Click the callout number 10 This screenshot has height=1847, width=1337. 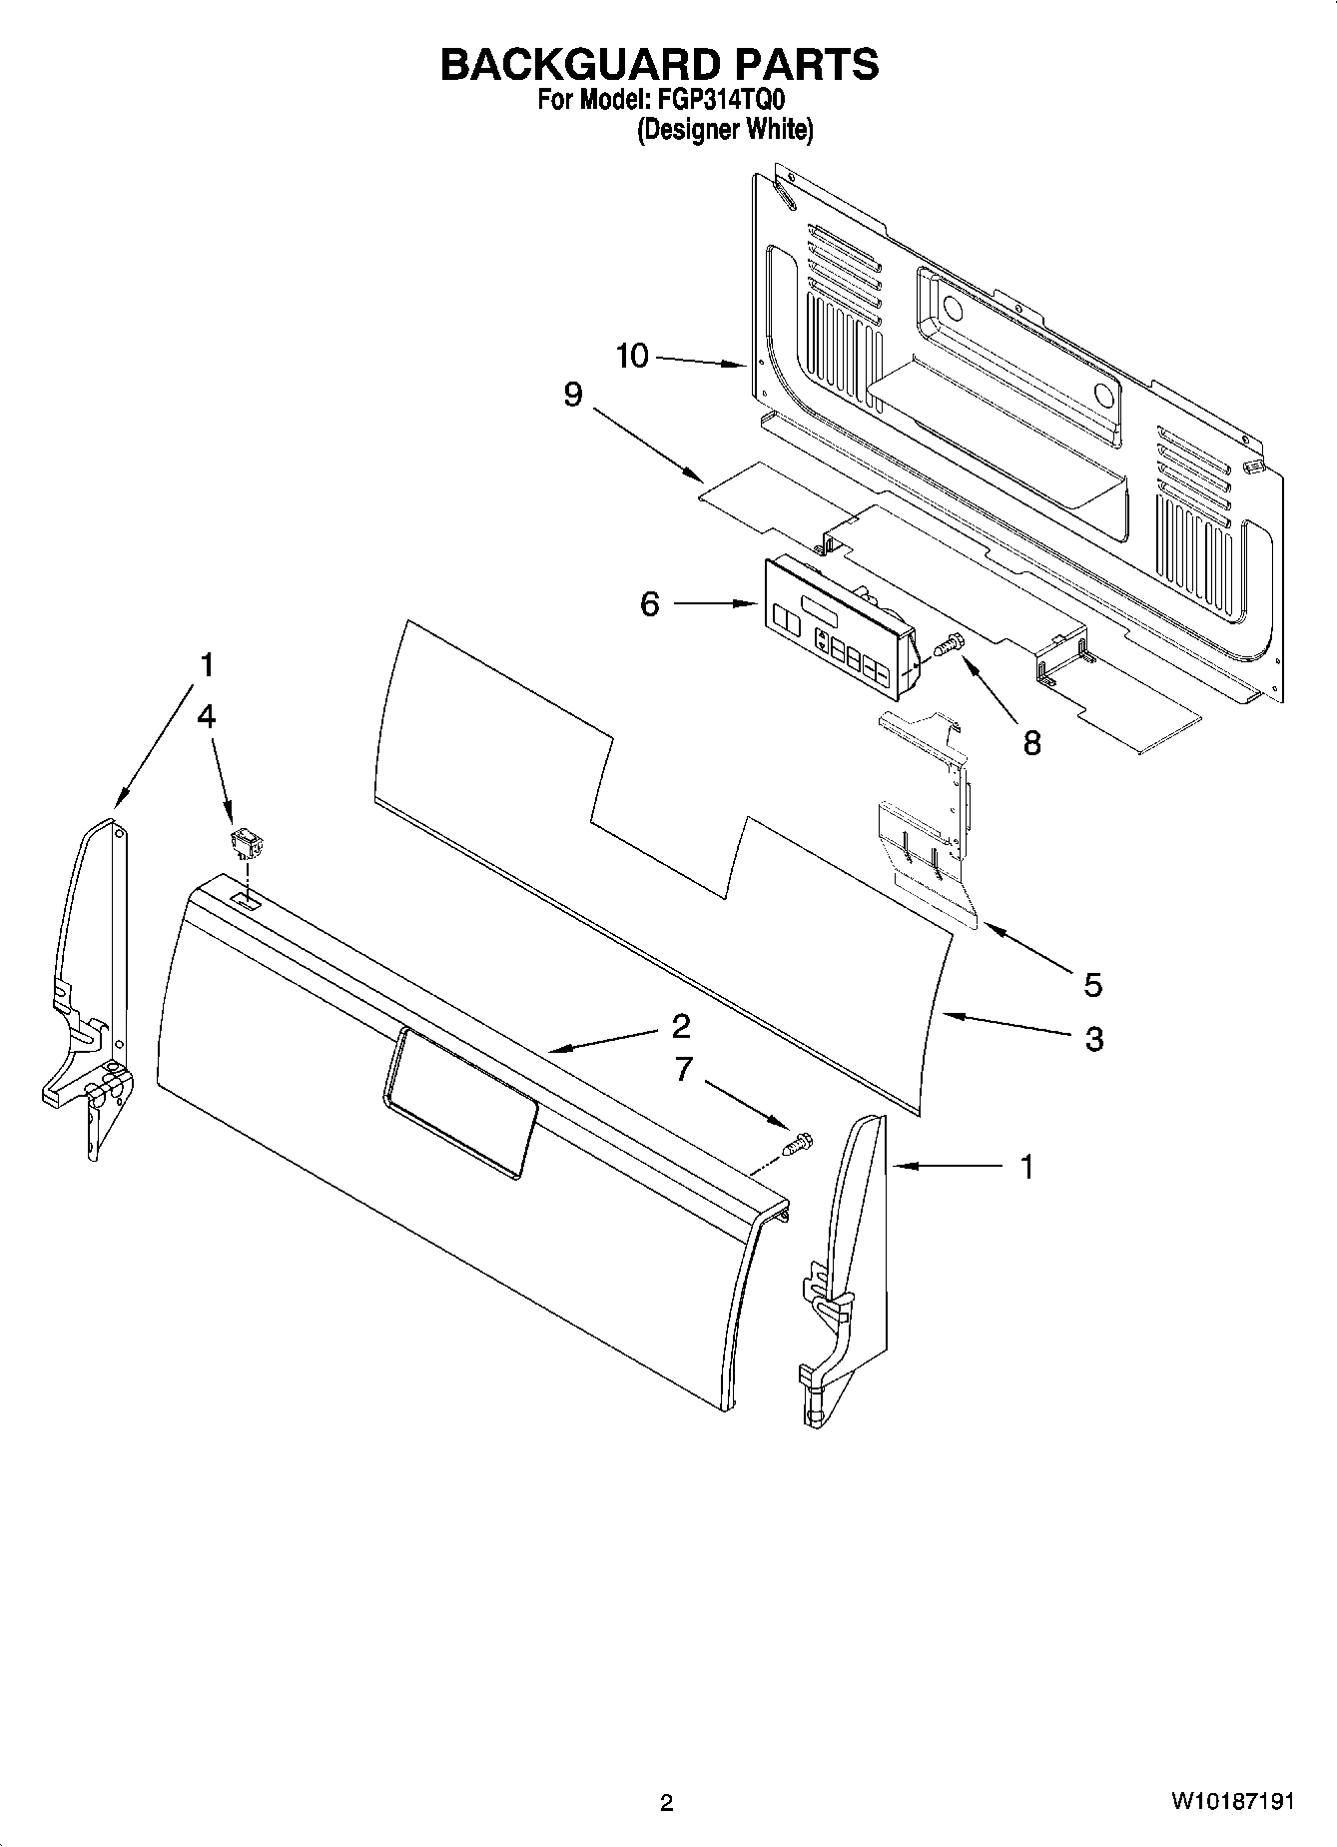point(632,356)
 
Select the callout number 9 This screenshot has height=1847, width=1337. point(572,395)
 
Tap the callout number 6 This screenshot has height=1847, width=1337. point(650,603)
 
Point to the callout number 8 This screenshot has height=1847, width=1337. point(1031,742)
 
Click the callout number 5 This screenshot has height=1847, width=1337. point(1093,985)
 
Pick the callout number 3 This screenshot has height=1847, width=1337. point(1094,1039)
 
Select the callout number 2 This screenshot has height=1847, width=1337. point(682,1026)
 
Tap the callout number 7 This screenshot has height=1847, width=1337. point(683,1070)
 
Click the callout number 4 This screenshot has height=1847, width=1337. point(207,716)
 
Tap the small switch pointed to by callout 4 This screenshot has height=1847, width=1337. point(244,845)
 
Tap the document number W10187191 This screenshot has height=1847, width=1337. point(1232,1802)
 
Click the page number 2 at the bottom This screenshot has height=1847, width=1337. point(666,1803)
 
